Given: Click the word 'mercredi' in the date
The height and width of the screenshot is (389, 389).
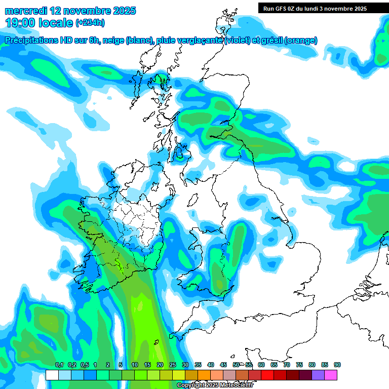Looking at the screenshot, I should (26, 11).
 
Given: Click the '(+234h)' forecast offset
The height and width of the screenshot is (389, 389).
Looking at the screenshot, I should (90, 22).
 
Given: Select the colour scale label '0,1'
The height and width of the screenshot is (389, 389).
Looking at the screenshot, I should (59, 365).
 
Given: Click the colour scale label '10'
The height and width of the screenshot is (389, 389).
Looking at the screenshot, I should (134, 365).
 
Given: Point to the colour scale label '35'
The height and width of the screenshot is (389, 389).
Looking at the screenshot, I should (198, 365).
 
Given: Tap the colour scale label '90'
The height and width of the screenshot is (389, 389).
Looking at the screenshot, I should (337, 365).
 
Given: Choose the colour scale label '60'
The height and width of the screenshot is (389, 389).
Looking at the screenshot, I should (261, 365).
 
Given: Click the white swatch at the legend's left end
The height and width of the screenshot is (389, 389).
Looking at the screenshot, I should (52, 375).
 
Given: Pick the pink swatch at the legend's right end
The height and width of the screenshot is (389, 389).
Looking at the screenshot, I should (331, 375).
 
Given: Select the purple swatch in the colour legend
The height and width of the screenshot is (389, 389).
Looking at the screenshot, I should (318, 375).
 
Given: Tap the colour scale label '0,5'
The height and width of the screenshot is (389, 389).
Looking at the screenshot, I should (84, 365).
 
